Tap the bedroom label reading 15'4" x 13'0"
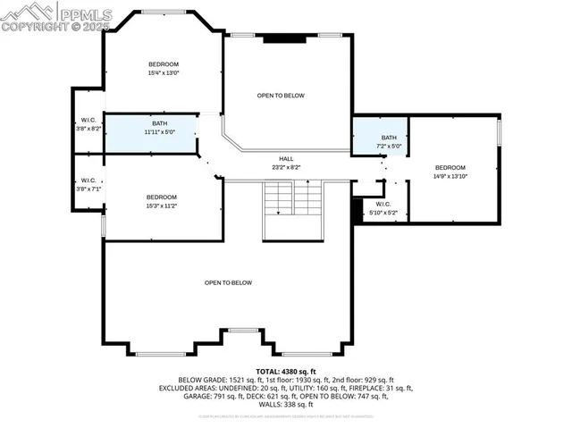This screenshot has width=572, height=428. point(164,73)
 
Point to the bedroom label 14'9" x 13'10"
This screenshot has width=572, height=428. point(450,177)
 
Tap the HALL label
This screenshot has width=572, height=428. point(286,158)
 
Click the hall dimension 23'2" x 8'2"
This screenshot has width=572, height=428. point(286,167)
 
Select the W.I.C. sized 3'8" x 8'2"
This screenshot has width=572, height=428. point(88,124)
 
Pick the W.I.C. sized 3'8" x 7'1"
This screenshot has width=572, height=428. point(88,184)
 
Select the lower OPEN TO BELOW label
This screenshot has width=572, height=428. point(228,283)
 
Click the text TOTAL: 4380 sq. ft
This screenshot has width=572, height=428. point(286,371)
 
